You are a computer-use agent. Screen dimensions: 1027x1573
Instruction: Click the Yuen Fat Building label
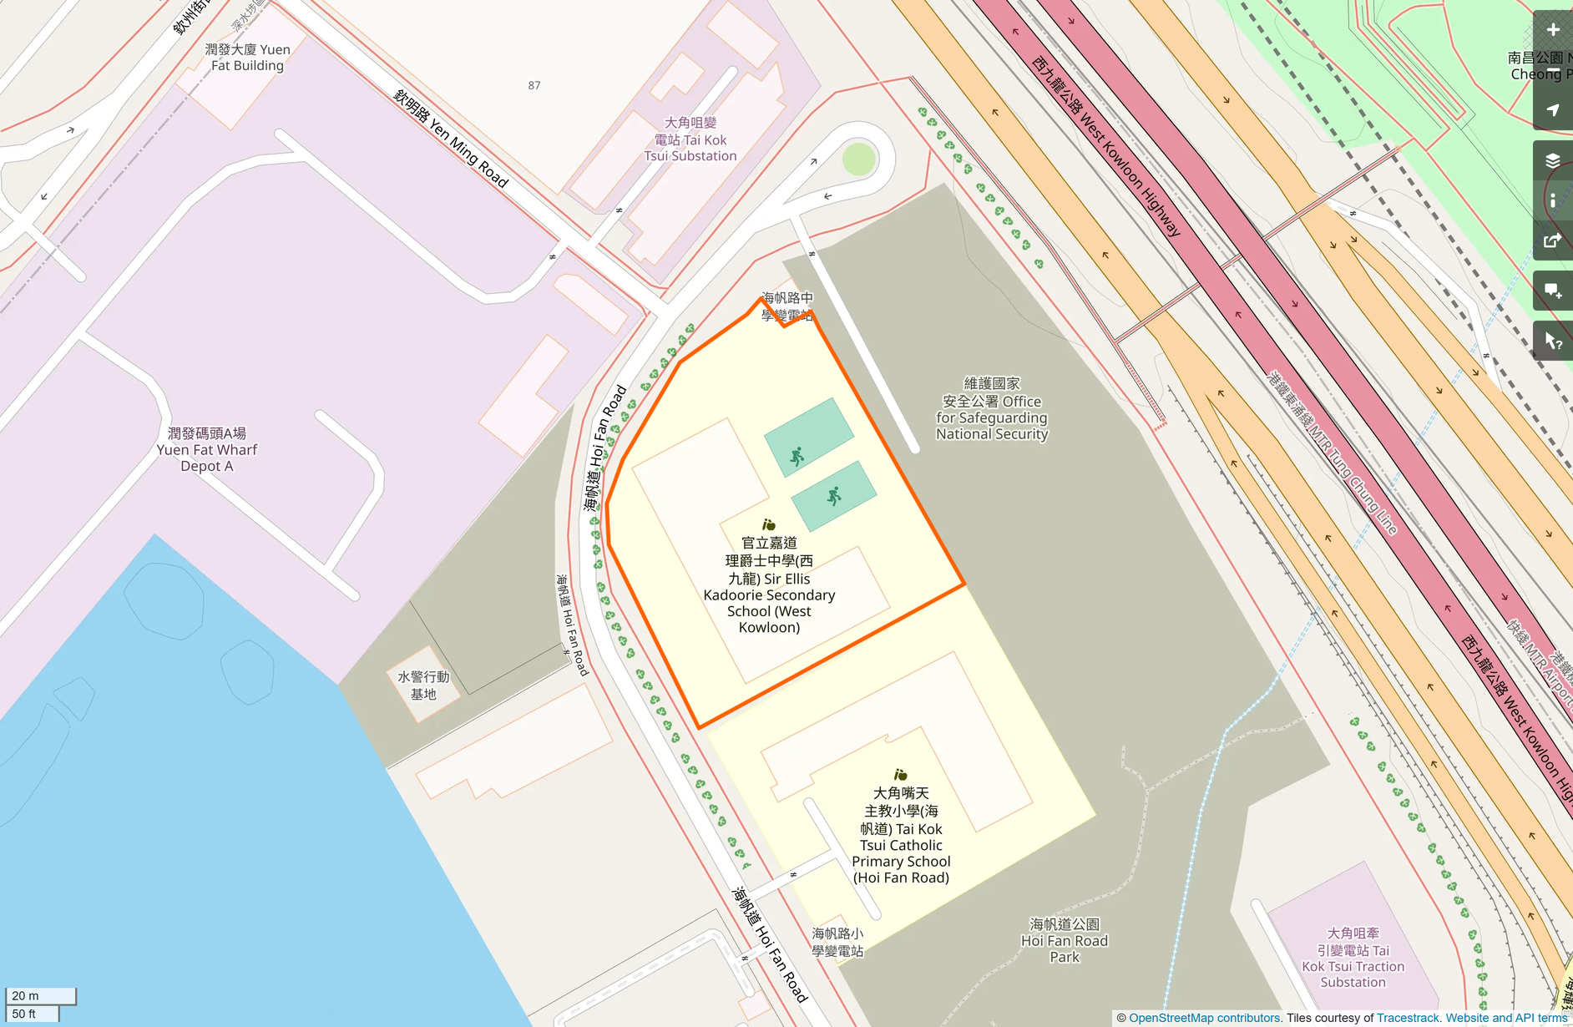tap(247, 58)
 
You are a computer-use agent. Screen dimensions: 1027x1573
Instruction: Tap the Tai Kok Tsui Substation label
tap(690, 139)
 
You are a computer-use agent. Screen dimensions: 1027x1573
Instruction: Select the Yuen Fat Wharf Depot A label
tap(207, 449)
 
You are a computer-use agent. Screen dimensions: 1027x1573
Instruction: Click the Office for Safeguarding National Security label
tap(991, 409)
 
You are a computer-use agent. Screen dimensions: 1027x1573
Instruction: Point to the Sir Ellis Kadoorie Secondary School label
tap(769, 585)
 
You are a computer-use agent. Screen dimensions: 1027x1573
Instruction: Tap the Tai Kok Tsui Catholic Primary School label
tap(901, 835)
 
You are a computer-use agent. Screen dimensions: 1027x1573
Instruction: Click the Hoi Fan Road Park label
tap(1065, 940)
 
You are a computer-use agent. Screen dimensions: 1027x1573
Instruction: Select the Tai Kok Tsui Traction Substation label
tap(1353, 958)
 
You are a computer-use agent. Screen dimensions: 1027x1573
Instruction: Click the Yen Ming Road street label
tap(451, 139)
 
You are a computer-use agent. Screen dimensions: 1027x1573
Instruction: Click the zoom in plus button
tap(1553, 30)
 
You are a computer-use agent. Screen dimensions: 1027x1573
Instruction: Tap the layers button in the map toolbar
tap(1553, 160)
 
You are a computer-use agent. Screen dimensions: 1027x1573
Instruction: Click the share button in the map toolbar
tap(1553, 241)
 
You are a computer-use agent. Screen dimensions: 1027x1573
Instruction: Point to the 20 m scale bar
tap(40, 996)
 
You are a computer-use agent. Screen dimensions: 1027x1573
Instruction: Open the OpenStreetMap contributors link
tap(1204, 1018)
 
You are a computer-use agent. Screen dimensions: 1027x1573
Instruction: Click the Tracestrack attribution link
tap(1408, 1018)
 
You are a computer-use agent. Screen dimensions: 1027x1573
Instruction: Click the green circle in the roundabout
tap(858, 159)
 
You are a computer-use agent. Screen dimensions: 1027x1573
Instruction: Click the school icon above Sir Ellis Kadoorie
tap(769, 524)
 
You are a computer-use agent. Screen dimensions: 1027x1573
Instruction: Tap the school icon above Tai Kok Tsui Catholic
tap(900, 775)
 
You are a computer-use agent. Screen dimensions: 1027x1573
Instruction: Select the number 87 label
tap(534, 85)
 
